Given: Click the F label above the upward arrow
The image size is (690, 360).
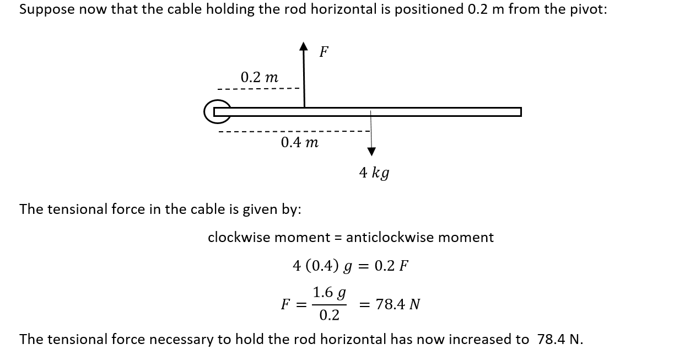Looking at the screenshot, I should [x=324, y=52].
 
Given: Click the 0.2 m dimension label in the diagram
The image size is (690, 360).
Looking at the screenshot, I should [x=259, y=77].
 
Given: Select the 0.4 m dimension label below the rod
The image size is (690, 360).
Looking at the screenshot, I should [x=299, y=143].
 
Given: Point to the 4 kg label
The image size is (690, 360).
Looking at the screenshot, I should [x=374, y=173].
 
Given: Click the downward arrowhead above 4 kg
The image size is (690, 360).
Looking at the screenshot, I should [x=371, y=151].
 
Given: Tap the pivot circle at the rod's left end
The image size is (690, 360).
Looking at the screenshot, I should [x=216, y=112].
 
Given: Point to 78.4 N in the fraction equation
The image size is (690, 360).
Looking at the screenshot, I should [x=398, y=304].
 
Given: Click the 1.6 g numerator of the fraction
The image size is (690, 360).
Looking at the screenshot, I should [x=329, y=292].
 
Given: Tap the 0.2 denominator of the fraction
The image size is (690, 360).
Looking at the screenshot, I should [x=329, y=315].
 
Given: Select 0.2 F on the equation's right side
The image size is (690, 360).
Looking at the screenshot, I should [x=391, y=266].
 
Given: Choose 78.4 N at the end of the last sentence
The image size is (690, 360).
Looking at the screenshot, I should [x=559, y=339].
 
